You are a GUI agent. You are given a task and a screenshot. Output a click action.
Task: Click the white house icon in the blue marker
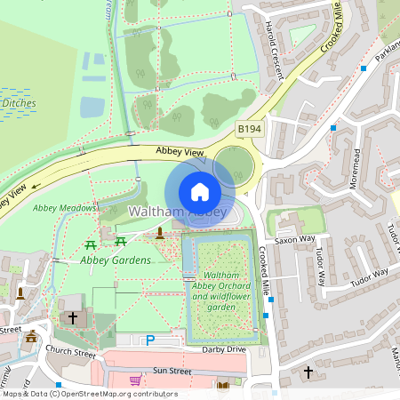200,192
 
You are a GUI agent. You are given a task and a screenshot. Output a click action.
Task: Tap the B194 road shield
249,130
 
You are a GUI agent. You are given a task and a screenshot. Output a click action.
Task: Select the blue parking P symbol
150,340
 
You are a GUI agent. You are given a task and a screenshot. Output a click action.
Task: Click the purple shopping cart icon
135,380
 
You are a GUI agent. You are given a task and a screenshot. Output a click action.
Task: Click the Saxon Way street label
295,240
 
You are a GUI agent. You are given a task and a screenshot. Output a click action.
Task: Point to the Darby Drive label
223,349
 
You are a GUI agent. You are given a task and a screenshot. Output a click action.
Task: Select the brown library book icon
221,384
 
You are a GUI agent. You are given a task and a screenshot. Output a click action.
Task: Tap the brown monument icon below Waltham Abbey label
160,233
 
